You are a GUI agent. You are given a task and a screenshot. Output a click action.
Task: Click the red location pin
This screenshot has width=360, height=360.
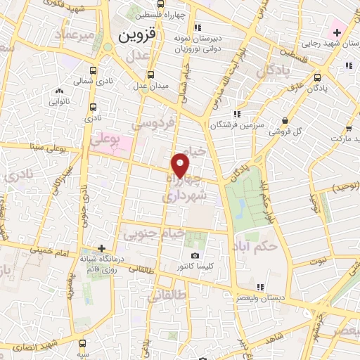point(181,165)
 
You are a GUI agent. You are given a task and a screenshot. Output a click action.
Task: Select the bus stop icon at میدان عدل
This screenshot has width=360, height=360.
point(150,75)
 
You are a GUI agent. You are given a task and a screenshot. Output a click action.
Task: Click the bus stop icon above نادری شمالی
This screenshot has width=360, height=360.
point(94,70)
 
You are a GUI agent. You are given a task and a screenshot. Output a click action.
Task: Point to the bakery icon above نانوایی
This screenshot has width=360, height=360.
point(58,90)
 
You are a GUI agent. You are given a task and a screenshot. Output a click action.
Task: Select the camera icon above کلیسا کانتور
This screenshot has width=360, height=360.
point(195,255)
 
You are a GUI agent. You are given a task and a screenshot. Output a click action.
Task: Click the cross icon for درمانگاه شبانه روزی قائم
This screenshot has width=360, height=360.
point(103,248)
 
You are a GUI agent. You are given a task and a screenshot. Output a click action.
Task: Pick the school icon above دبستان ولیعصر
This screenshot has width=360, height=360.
point(260,286)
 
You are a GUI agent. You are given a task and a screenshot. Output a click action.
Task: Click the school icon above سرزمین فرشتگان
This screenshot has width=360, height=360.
point(237,113)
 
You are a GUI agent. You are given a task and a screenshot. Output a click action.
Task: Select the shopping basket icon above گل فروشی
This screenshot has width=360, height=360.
point(284,120)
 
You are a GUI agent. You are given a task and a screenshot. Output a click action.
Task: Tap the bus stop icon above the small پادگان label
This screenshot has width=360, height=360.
point(318,78)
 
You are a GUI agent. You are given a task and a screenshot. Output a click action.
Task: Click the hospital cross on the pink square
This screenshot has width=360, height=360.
point(335,32)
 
